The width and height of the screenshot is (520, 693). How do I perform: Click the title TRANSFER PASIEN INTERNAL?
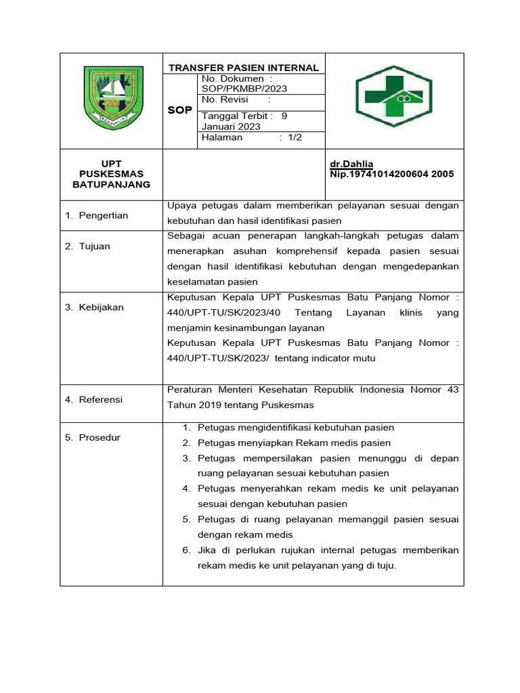tap(243, 68)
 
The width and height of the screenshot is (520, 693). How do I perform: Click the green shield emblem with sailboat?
tap(113, 98)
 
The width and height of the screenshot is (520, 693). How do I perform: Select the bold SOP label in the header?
tap(180, 110)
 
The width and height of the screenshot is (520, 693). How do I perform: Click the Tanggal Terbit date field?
tap(244, 121)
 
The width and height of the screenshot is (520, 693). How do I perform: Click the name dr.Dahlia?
tap(351, 164)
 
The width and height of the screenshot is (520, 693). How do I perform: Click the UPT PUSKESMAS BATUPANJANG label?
tap(112, 174)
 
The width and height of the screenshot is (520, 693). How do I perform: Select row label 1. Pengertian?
tap(96, 215)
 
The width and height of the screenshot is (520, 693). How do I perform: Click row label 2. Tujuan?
tap(87, 246)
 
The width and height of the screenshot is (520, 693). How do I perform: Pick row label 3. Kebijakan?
tap(94, 307)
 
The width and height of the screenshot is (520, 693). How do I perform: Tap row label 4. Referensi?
tap(93, 400)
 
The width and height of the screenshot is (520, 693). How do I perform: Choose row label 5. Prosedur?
tap(92, 437)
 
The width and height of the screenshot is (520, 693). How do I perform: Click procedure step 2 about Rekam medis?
tap(294, 443)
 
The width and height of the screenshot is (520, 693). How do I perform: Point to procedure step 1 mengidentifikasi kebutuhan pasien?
tap(295, 428)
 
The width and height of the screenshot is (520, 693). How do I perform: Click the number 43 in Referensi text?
tap(452, 390)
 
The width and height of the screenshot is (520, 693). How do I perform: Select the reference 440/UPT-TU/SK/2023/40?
tap(216, 313)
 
